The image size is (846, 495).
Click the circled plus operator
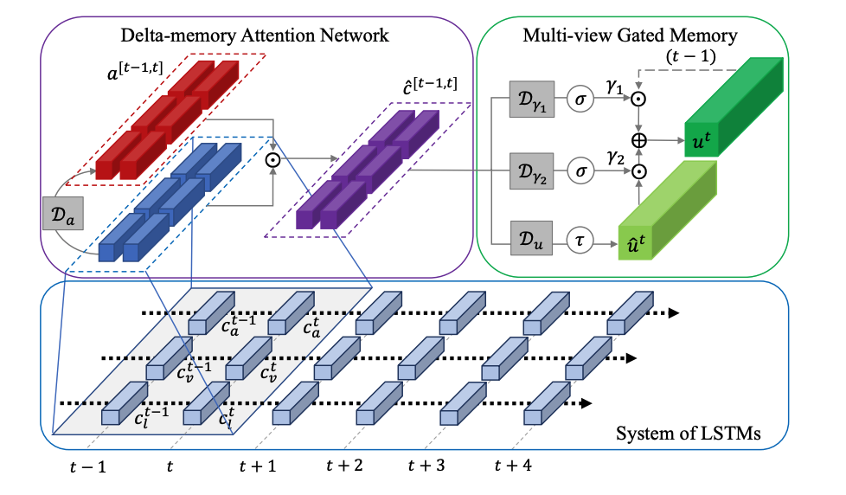[x=639, y=139]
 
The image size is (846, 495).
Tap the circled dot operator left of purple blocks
[x=273, y=159]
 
